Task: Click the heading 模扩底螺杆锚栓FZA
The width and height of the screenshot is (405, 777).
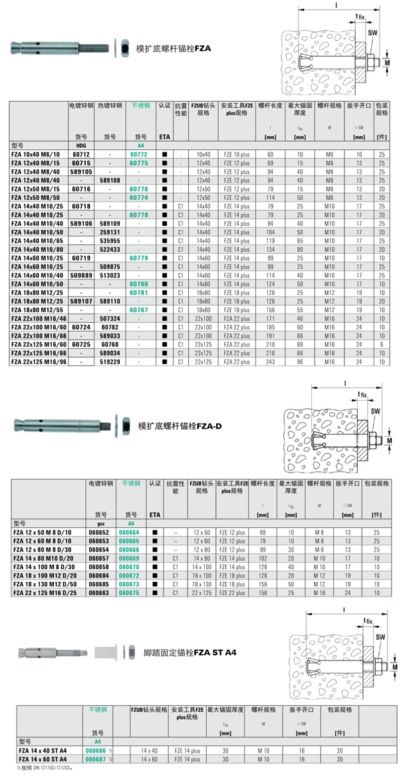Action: coord(172,49)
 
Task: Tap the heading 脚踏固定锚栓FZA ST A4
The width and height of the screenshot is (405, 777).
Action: coord(190,652)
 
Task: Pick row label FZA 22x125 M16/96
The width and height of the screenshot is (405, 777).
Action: coord(39,362)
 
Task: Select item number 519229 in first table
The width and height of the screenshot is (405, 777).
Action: coord(109,362)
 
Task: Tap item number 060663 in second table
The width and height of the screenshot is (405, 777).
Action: coord(98,592)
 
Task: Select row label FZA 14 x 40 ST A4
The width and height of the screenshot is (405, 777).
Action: coord(43,750)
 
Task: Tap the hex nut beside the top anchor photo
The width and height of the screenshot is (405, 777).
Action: coord(122,48)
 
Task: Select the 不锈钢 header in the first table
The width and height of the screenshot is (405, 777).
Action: coord(141,105)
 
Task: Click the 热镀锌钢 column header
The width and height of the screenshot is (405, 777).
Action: coord(110,105)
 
